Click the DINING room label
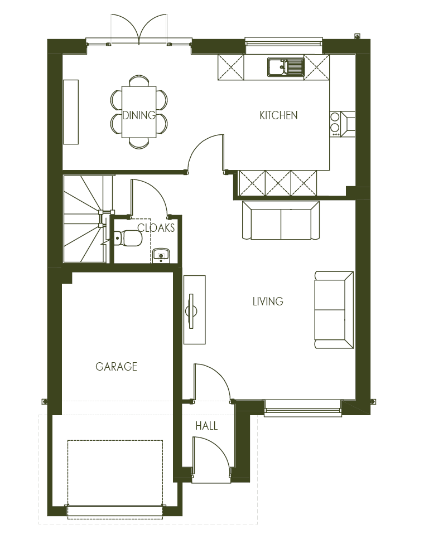pyautogui.click(x=139, y=115)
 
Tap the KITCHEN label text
pyautogui.click(x=278, y=115)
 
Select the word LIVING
pyautogui.click(x=268, y=301)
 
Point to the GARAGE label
pyautogui.click(x=116, y=367)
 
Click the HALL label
pyautogui.click(x=206, y=426)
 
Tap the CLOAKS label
pyautogui.click(x=156, y=227)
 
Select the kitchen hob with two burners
pyautogui.click(x=335, y=123)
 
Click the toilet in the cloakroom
pyautogui.click(x=128, y=238)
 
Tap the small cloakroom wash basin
pyautogui.click(x=161, y=255)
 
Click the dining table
pyautogui.click(x=139, y=112)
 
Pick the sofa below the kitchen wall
pyautogui.click(x=281, y=221)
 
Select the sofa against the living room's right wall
pyautogui.click(x=334, y=310)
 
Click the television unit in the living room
pyautogui.click(x=194, y=310)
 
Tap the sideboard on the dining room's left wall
pyautogui.click(x=71, y=112)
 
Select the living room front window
pyautogui.click(x=303, y=408)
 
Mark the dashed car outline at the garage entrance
pyautogui.click(x=115, y=479)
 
